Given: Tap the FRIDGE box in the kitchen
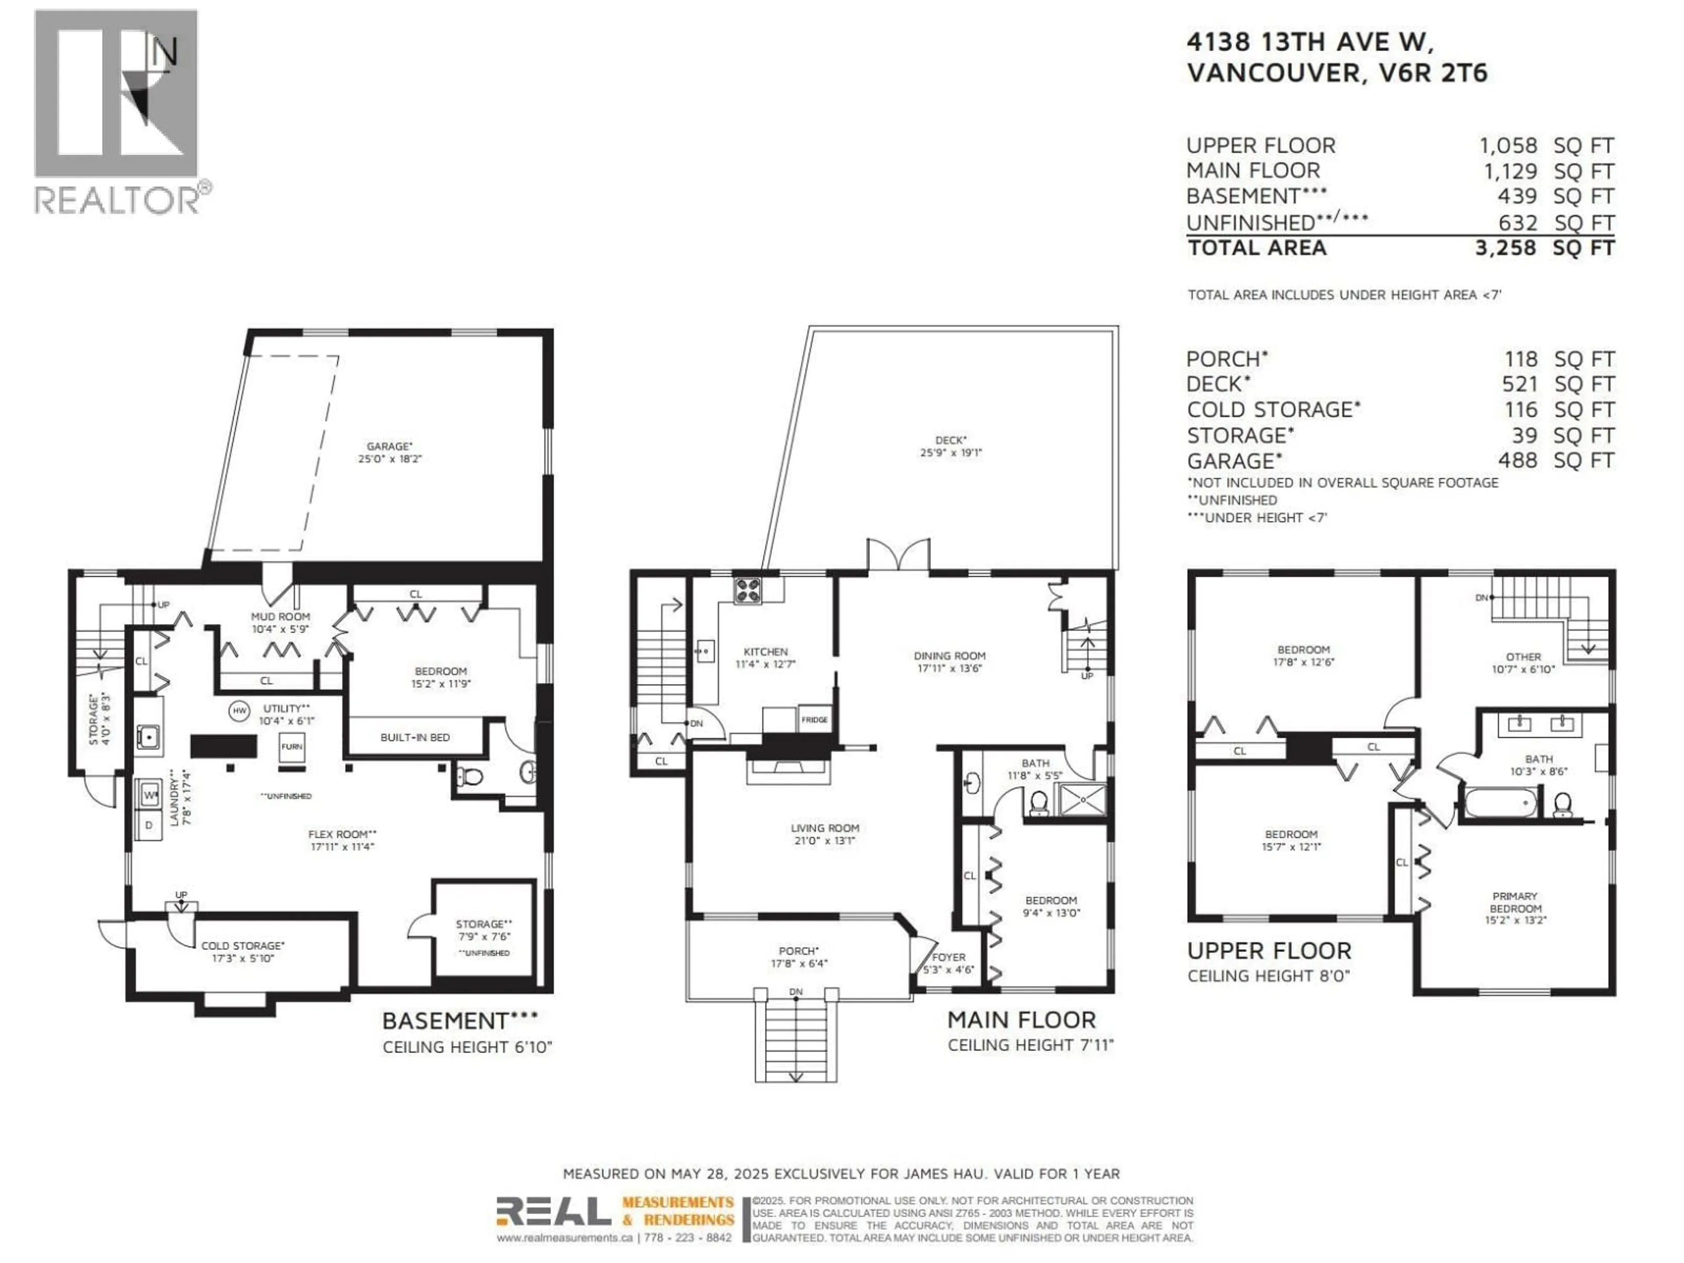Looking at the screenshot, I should (x=815, y=720).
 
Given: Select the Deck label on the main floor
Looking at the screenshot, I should (x=951, y=446).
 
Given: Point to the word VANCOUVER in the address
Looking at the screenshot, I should (x=1274, y=73).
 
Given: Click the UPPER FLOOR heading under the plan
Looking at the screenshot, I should (x=1269, y=951).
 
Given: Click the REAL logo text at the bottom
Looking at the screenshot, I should (x=553, y=1211).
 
